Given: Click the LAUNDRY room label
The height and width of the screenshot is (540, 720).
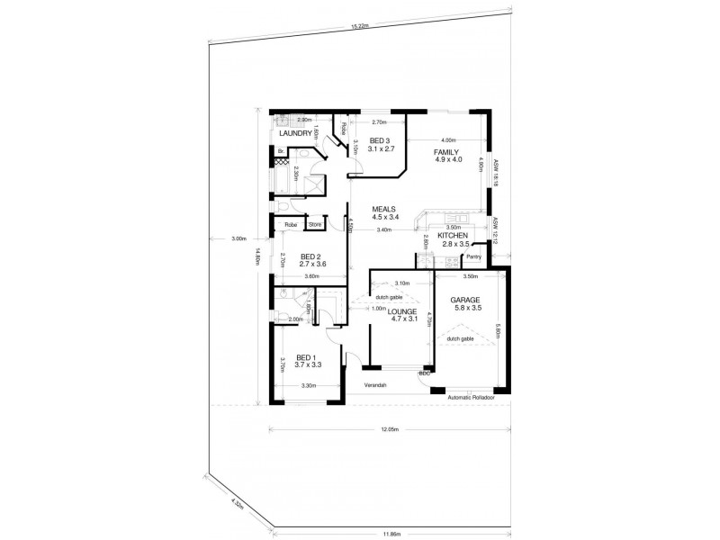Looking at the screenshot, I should point(295,134).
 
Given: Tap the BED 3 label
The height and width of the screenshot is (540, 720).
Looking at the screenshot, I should point(378,140).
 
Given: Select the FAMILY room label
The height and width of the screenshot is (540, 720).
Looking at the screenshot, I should point(446,153).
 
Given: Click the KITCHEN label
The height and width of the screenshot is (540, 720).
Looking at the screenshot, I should point(454,236).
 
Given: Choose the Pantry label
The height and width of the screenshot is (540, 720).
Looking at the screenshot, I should point(473,258).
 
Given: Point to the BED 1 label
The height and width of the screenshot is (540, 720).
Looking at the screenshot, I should point(309,356).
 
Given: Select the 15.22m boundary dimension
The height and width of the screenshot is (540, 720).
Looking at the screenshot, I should point(358,27).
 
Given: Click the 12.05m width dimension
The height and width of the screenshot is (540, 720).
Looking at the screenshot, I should point(389,430).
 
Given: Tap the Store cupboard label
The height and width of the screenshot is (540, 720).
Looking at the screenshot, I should point(315,225).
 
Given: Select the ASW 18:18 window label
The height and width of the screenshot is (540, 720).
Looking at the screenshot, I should point(495,172).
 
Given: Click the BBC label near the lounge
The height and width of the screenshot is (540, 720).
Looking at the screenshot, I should point(424,372).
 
